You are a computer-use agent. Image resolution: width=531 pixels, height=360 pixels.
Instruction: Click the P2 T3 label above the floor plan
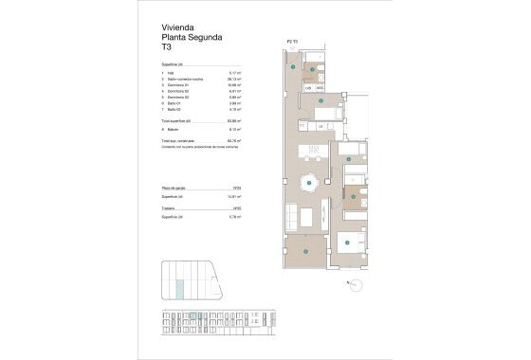292,42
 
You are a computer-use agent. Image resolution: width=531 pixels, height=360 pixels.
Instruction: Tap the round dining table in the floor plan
309,184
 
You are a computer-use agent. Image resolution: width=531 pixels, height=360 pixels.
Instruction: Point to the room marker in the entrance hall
296,68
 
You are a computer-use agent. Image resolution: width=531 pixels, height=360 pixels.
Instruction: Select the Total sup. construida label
184,138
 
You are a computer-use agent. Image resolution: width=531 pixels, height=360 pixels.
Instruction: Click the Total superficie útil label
182,121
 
